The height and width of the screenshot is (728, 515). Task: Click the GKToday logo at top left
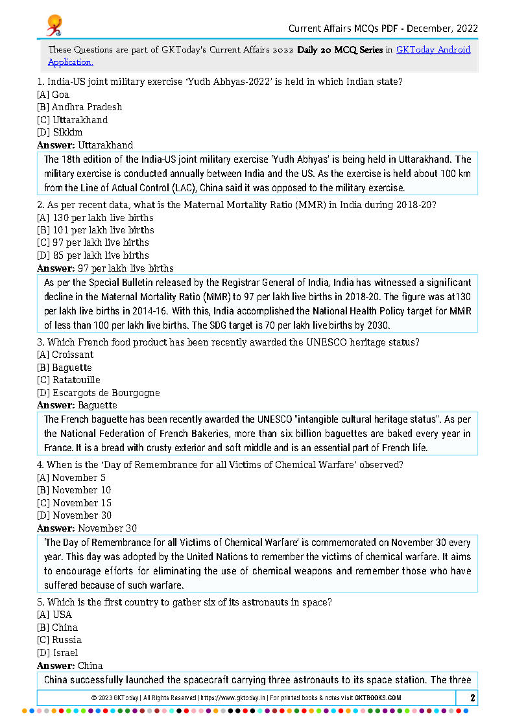[x=54, y=25]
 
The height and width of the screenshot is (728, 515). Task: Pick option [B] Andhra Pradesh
[x=79, y=107]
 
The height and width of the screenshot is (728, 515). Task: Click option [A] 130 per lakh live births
[x=95, y=218]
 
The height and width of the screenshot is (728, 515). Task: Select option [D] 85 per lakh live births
[x=93, y=255]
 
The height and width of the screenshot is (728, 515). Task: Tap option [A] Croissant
[x=65, y=355]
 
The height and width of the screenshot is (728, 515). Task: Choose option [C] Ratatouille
[x=68, y=380]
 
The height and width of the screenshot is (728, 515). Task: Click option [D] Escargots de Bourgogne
[x=98, y=393]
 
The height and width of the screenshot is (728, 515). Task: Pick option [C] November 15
[x=74, y=503]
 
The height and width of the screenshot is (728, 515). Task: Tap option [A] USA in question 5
[x=54, y=615]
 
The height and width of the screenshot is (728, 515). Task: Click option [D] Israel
[x=57, y=653]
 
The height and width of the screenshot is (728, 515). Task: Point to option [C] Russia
[x=59, y=640]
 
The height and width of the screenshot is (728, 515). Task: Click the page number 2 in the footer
[x=473, y=698]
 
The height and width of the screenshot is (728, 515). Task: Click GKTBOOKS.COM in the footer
[x=377, y=698]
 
